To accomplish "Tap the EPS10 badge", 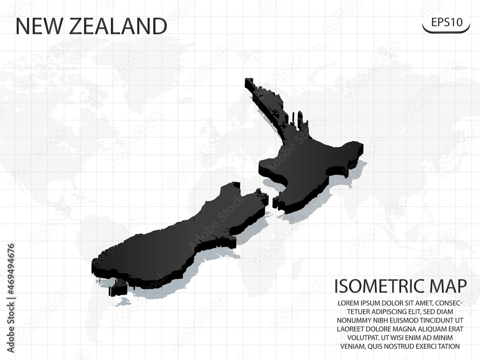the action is pyautogui.click(x=445, y=23).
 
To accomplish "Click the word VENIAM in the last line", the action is pyautogui.click(x=351, y=346).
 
